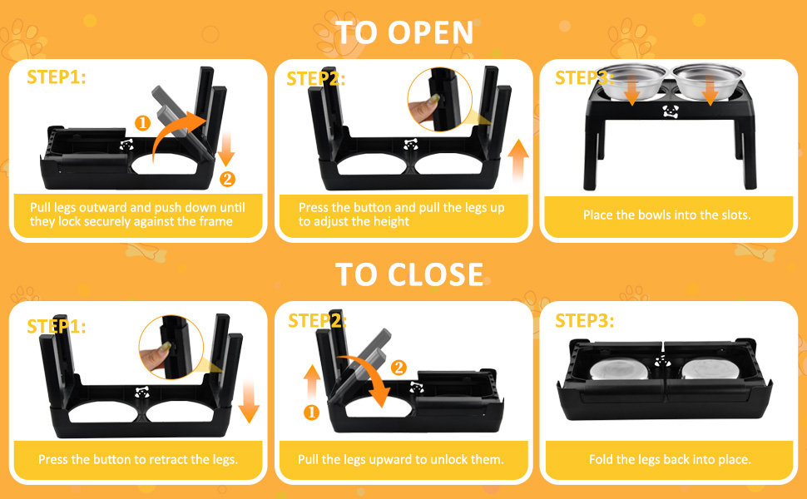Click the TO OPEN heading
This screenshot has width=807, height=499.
(404, 33)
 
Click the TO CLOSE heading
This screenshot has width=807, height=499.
(409, 274)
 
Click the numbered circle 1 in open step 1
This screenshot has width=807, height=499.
(142, 123)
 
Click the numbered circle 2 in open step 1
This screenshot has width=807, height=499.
(227, 179)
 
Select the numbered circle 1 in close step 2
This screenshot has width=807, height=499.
(311, 412)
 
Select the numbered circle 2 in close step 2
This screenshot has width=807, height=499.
(399, 368)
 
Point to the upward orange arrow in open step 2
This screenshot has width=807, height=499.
(518, 161)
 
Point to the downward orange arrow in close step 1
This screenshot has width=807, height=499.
(249, 402)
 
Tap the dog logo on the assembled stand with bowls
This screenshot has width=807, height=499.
(671, 111)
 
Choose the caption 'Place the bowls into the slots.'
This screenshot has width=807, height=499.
(667, 215)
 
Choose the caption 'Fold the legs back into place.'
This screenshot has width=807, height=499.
(670, 459)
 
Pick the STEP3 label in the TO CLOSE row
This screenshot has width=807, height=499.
(585, 321)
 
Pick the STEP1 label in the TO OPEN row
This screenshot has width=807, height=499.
(57, 77)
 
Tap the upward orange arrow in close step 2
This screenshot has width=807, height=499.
(312, 382)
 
